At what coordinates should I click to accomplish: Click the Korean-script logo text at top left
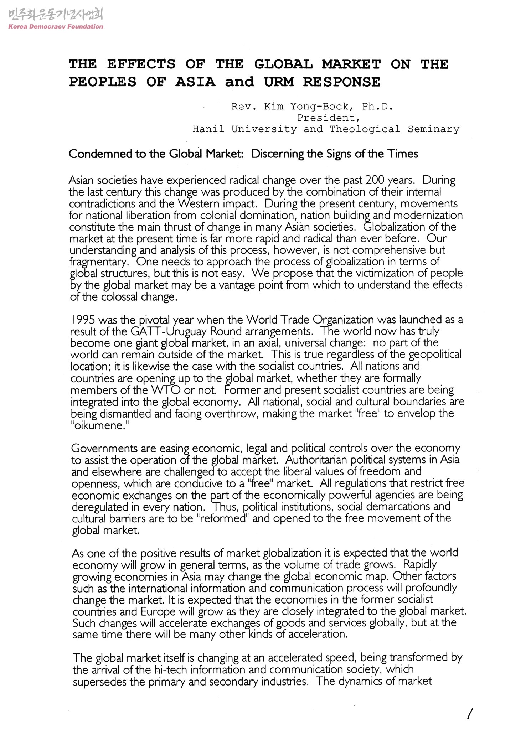click(55, 15)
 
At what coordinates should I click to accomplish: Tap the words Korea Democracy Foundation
click(55, 26)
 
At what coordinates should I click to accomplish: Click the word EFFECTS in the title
click(141, 64)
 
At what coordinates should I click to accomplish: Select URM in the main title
click(279, 82)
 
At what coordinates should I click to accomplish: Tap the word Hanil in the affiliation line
click(208, 129)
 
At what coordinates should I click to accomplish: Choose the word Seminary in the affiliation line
click(433, 129)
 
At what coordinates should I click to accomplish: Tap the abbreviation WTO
click(166, 390)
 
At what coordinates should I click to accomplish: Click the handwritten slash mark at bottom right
click(470, 714)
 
